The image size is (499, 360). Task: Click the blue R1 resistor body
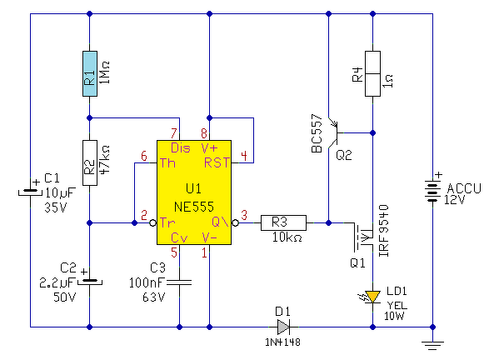90,73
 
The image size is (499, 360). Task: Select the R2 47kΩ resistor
90,162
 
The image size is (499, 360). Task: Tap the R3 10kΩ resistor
283,222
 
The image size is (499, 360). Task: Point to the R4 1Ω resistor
372,73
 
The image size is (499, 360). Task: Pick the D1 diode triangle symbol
283,327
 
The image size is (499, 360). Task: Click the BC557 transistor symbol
333,133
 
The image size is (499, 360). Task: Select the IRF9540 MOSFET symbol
363,237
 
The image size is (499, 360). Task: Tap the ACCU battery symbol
433,192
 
